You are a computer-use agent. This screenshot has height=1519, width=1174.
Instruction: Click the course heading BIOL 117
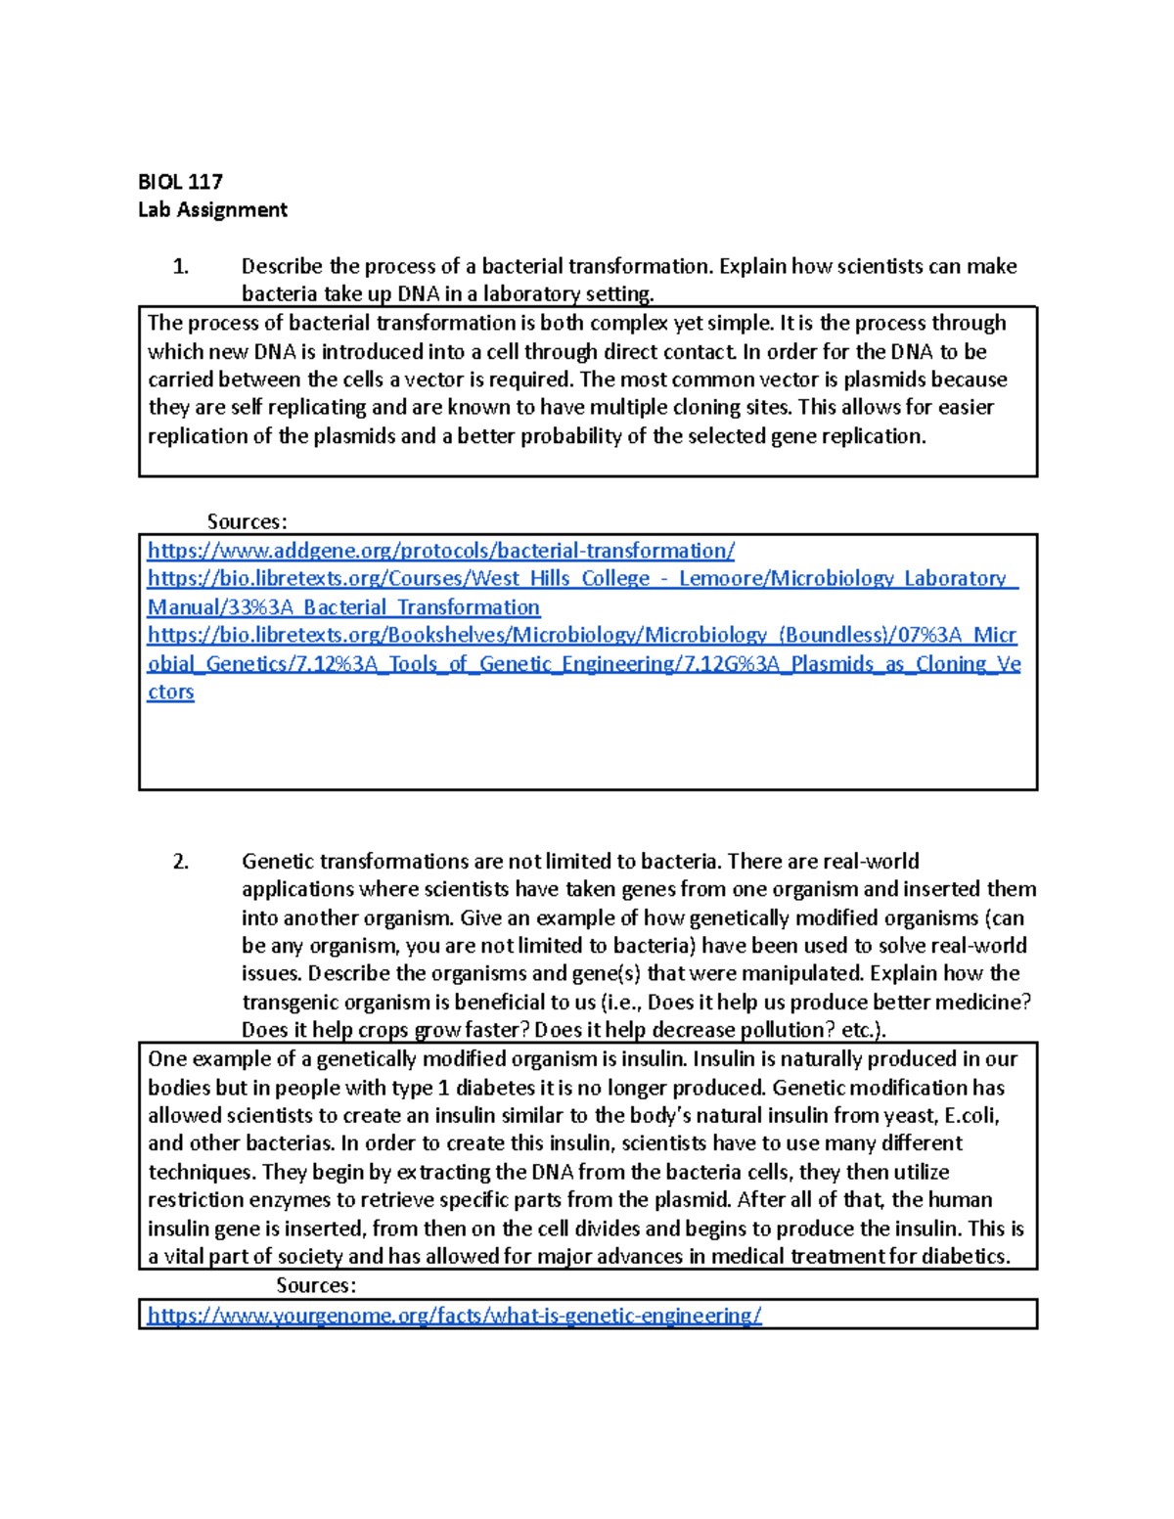(x=180, y=181)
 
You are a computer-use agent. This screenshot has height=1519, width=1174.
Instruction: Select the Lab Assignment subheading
(x=212, y=209)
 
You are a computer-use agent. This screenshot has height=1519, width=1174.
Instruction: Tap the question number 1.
(x=180, y=266)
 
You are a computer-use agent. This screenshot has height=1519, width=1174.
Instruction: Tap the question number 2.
(x=180, y=862)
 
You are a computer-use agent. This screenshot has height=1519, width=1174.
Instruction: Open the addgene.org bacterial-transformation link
(x=440, y=551)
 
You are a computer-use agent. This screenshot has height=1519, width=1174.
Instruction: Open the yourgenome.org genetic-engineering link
(x=454, y=1316)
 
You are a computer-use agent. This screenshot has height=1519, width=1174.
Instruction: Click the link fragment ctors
(x=170, y=692)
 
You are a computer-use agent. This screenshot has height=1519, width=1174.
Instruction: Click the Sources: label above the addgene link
(x=247, y=521)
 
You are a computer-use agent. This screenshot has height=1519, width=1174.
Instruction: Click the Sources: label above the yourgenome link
(x=315, y=1284)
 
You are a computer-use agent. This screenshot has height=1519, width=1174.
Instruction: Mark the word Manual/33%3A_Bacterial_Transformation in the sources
(x=343, y=607)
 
